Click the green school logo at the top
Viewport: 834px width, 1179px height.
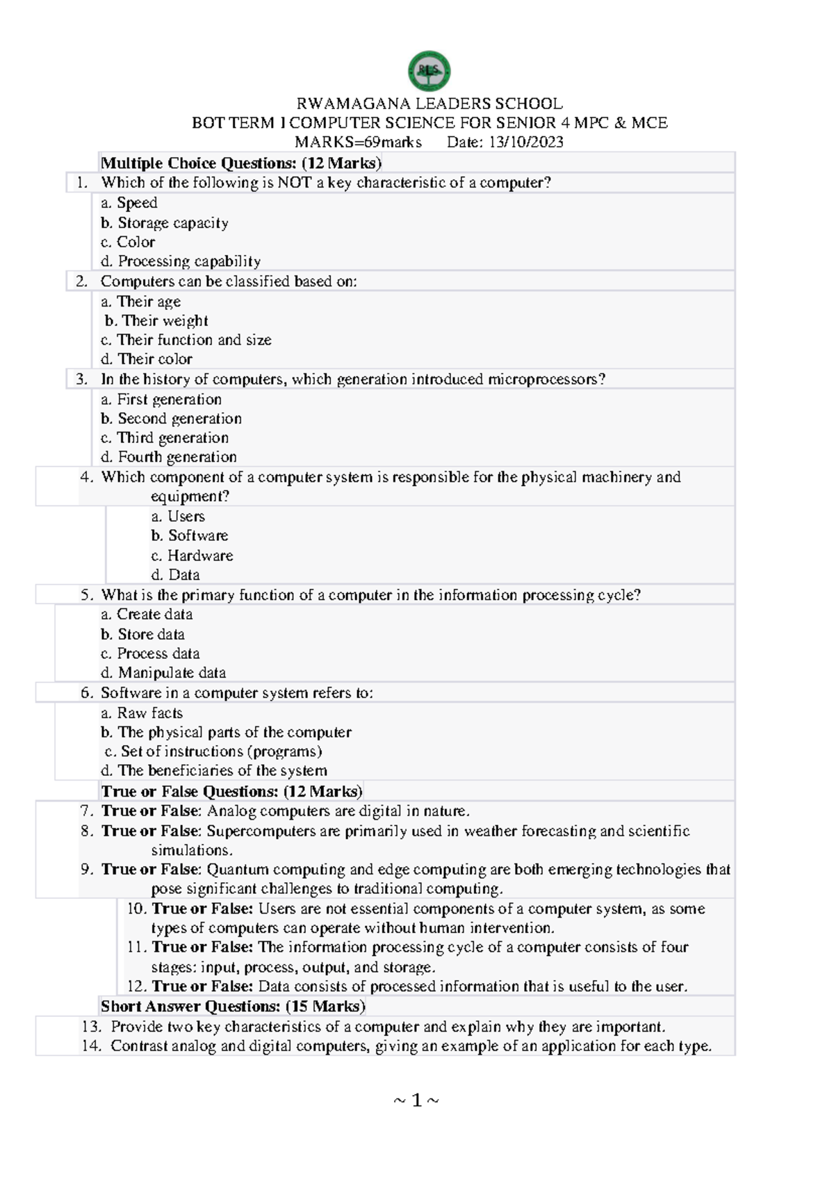(x=429, y=71)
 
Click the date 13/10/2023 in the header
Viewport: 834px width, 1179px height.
(x=525, y=143)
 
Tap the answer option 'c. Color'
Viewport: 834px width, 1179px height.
(x=128, y=242)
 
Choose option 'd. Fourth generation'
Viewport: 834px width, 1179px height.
(x=169, y=457)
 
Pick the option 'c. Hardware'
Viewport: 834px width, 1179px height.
(x=192, y=555)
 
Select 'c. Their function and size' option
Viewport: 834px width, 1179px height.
(x=186, y=340)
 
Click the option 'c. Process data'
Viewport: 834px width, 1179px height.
(x=150, y=653)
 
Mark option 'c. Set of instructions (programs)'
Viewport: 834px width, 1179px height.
(x=213, y=751)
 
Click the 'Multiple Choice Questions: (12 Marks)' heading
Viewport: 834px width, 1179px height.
(x=241, y=163)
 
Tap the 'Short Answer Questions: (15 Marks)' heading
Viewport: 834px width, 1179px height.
(x=233, y=1006)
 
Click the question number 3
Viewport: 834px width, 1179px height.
(x=82, y=379)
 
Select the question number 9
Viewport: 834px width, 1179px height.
(x=86, y=869)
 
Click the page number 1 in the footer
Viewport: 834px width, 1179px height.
(x=416, y=1100)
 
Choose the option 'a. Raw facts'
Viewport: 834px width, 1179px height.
(x=142, y=713)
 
